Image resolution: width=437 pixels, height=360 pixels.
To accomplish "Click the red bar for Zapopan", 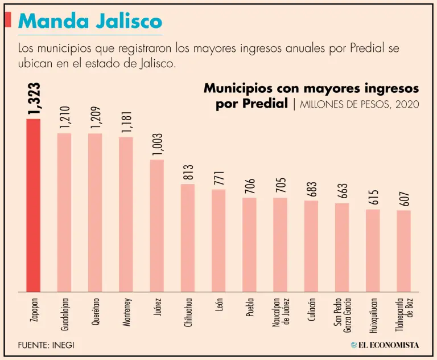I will point(34,205).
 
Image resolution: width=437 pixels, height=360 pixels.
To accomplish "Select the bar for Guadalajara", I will point(64,212).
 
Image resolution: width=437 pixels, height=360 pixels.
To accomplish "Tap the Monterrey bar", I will point(126,214).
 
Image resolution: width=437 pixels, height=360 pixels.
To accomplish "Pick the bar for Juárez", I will point(157,226).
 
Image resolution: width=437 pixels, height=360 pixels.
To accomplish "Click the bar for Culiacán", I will point(311,246).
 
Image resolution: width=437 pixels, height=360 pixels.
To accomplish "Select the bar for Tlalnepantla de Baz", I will point(403,251).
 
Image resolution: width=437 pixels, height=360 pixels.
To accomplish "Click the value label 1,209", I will point(95,118).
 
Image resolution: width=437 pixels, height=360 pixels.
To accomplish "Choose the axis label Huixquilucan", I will point(373,315).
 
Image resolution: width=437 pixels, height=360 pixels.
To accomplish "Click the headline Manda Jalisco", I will point(90,22).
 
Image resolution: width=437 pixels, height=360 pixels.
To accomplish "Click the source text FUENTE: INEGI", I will point(46,345).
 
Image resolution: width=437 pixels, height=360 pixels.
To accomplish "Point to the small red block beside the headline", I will point(8,19).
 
